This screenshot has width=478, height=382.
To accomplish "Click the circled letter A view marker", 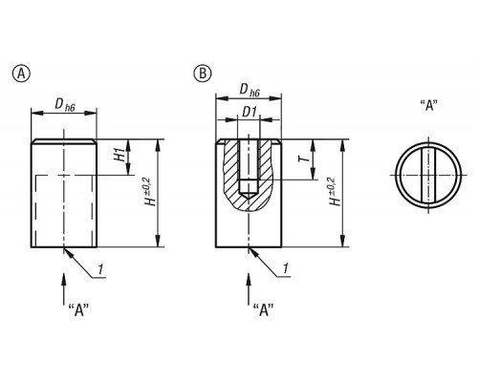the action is coord(21,74).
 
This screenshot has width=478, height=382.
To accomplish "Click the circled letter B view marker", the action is coord(203,74).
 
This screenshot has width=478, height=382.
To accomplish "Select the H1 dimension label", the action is coord(120,154).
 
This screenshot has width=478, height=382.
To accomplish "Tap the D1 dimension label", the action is coord(250,112).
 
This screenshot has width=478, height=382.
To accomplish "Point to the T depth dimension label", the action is coord(304,158).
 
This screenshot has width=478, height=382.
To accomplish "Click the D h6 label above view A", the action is coord(65,104).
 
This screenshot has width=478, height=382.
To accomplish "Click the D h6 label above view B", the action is coord(250,91).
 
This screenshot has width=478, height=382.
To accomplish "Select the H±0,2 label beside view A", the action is coord(150,191).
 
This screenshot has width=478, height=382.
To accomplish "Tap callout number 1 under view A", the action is coord(100,269).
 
